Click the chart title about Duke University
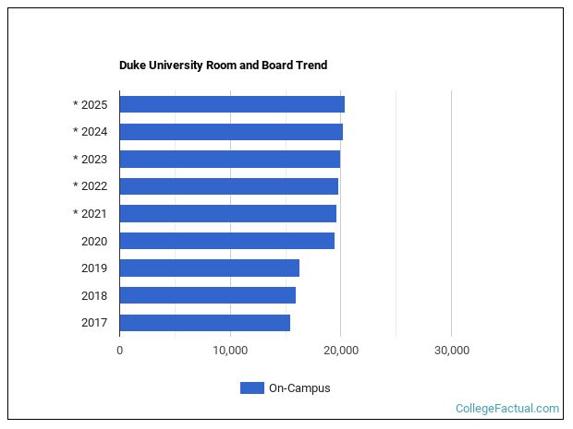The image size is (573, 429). click(223, 66)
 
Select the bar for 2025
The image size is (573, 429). click(232, 104)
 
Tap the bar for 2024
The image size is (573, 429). click(231, 132)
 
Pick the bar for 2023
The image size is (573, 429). click(229, 159)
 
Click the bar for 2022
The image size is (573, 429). click(228, 186)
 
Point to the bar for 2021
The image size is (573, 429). click(227, 214)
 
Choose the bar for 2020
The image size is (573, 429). click(226, 241)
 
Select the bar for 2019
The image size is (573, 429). click(209, 268)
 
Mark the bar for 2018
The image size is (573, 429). click(207, 295)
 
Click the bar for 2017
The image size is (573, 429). click(204, 323)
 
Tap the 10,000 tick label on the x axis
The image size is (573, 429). click(230, 351)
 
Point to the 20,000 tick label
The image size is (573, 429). click(341, 351)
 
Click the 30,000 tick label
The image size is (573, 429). click(451, 351)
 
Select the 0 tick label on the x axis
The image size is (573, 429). click(119, 351)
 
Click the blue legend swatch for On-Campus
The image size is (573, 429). click(251, 388)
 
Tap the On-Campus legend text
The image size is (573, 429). click(299, 388)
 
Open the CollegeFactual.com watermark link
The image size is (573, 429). click(507, 408)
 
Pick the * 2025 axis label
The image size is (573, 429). click(90, 104)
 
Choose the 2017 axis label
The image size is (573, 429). click(94, 323)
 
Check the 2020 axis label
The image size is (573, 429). click(94, 241)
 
